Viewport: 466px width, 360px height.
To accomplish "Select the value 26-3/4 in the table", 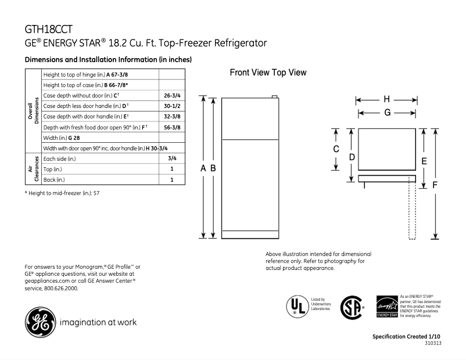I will coord(171,95).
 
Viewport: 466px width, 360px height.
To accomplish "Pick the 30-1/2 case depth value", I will coord(171,106).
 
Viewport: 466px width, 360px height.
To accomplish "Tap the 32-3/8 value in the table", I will coord(171,116).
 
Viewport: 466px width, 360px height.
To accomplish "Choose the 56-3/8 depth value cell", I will coord(171,127).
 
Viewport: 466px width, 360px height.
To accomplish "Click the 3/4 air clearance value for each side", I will coord(171,158).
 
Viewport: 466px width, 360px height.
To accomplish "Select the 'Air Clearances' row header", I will coord(33,169).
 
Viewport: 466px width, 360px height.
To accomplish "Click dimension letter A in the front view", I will coord(203,168).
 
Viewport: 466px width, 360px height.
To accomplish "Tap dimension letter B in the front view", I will coord(213,168).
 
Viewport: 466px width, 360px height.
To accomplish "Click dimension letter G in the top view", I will coord(386,113).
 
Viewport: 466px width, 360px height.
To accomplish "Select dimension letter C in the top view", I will coord(336,149).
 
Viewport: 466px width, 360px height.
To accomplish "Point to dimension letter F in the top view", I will coord(435,185).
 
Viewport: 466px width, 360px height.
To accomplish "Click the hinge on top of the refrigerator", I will coord(274,97).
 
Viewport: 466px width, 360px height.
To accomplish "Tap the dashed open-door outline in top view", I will coord(413,209).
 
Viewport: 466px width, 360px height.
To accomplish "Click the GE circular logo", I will coord(39,322).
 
